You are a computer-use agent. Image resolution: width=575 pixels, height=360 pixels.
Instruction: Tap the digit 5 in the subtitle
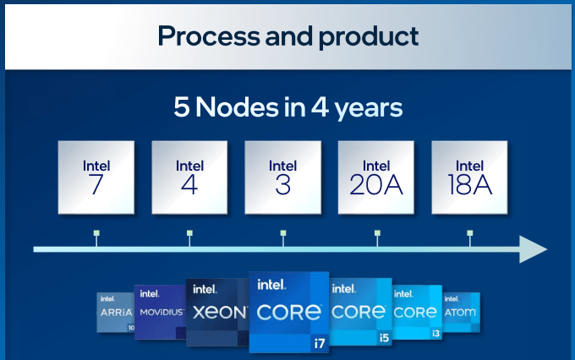click(x=182, y=109)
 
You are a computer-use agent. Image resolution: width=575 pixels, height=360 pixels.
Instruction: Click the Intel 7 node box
click(x=96, y=177)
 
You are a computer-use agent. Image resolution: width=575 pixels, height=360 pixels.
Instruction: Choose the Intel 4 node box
click(x=189, y=177)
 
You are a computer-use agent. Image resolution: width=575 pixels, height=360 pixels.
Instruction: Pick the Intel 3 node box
click(x=282, y=177)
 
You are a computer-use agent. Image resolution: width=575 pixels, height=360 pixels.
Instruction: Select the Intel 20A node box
click(x=376, y=177)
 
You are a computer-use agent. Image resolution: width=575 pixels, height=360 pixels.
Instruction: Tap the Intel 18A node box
click(x=469, y=177)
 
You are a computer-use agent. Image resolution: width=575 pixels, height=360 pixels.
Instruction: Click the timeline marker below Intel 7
click(x=96, y=233)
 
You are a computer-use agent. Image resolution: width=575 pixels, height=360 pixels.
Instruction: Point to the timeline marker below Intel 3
click(x=282, y=233)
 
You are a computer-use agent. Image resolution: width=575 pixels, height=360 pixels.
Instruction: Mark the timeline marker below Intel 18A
click(x=469, y=233)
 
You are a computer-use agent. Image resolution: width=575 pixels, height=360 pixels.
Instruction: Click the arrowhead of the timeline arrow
click(x=533, y=249)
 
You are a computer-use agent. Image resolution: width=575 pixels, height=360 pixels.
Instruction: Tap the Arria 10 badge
click(x=115, y=312)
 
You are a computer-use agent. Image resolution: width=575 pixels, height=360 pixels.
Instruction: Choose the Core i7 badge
click(x=288, y=310)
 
